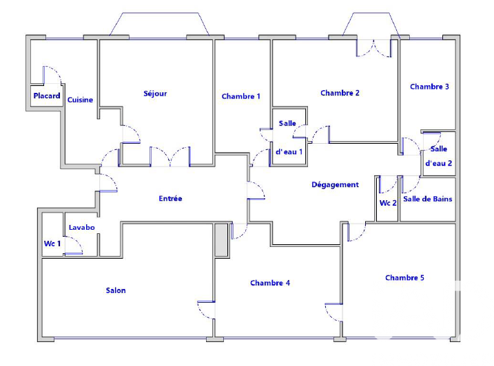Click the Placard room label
point(47,96)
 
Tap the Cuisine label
point(80,100)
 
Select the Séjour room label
point(155,94)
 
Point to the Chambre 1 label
point(241,96)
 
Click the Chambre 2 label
point(340,93)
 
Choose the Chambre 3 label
point(429,87)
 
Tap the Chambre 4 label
point(270,283)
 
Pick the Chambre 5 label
point(404,278)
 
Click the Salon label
point(116,290)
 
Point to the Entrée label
point(170,199)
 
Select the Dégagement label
point(335,184)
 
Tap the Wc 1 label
point(52,243)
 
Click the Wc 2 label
point(388,203)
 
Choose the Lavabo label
point(81,228)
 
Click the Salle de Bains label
point(428,200)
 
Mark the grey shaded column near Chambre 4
point(220,240)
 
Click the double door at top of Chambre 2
point(373,47)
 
